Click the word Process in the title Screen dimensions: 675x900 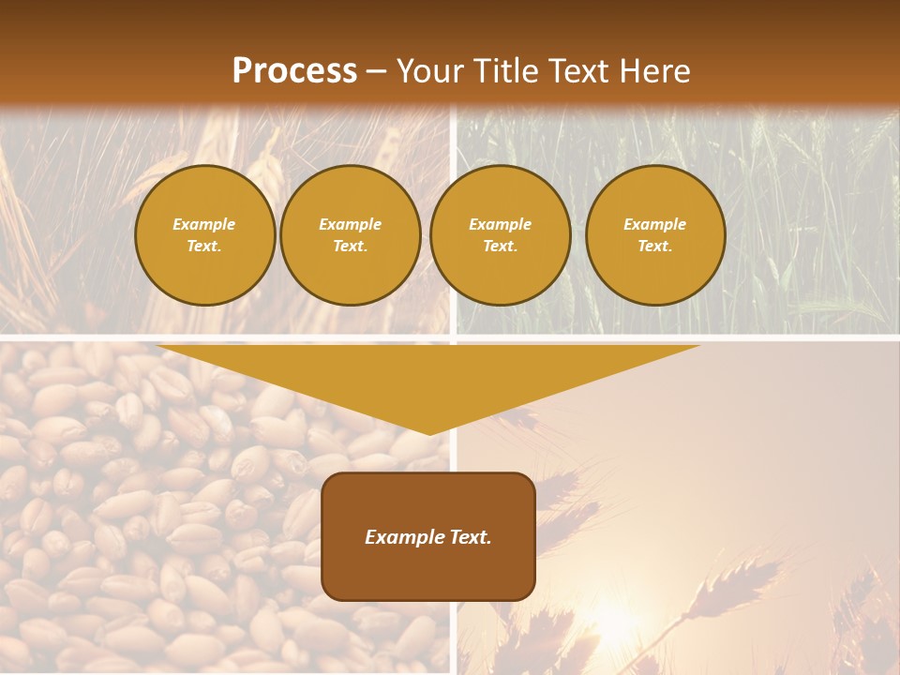[294, 71]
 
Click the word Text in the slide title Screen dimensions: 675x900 [579, 71]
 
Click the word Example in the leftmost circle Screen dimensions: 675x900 [204, 224]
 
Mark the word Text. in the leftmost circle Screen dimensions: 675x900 [204, 247]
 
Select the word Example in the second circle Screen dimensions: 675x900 [351, 224]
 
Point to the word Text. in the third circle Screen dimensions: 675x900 [501, 247]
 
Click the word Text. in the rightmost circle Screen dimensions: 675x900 [655, 247]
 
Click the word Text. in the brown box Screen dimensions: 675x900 [471, 537]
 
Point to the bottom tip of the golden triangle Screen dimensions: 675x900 [429, 433]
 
